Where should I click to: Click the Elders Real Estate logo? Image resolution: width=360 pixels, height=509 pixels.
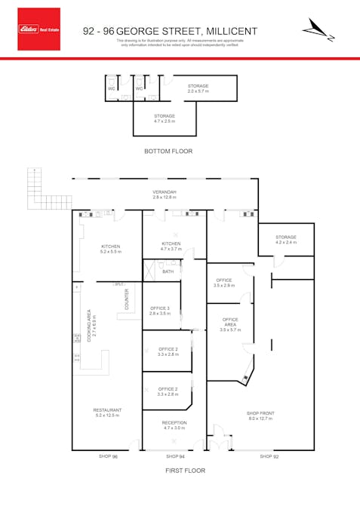click(x=38, y=29)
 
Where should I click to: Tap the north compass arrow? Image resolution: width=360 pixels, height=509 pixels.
click(x=316, y=29)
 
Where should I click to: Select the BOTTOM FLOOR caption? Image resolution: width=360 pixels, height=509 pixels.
click(x=168, y=152)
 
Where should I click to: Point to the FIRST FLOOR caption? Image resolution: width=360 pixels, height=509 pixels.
click(x=184, y=471)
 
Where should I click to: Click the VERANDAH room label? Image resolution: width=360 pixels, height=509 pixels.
click(x=164, y=192)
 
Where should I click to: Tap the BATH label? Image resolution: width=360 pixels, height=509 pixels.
click(x=168, y=271)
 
